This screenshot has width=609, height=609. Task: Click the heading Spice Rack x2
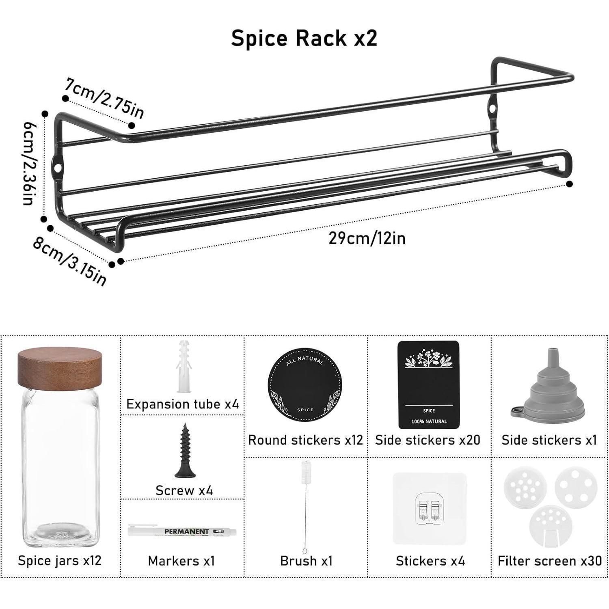pos(304,38)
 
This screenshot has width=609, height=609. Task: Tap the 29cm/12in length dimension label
pos(367,238)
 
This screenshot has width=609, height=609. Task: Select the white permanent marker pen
pos(182,531)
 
